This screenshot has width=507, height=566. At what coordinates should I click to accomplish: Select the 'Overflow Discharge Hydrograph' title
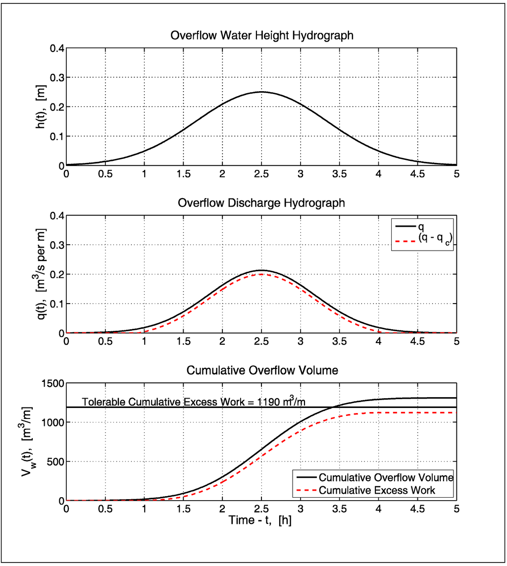pyautogui.click(x=261, y=203)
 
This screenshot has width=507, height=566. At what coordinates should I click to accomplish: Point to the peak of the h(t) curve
pyautogui.click(x=261, y=92)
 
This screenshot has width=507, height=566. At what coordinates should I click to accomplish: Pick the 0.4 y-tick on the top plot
pyautogui.click(x=57, y=49)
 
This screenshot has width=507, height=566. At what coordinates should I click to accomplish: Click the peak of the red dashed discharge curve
pyautogui.click(x=261, y=274)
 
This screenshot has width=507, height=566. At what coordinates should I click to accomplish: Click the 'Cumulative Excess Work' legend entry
pyautogui.click(x=377, y=490)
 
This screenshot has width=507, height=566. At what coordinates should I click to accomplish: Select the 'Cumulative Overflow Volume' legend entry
pyautogui.click(x=386, y=478)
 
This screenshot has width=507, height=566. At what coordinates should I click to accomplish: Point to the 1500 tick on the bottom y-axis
pyautogui.click(x=52, y=383)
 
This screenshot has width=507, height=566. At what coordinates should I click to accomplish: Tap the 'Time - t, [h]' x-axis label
pyautogui.click(x=260, y=520)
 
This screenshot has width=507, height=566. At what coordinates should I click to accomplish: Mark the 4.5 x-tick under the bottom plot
pyautogui.click(x=417, y=509)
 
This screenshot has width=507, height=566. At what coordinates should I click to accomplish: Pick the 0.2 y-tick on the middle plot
pyautogui.click(x=57, y=274)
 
